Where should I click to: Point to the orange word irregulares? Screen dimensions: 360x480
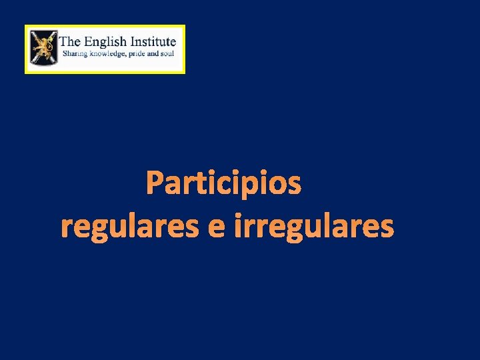coord(314,227)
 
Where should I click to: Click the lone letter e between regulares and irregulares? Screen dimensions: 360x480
coord(216,229)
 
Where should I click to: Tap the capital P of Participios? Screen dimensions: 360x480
coord(155,183)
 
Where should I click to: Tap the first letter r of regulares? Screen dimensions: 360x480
coord(65,229)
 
